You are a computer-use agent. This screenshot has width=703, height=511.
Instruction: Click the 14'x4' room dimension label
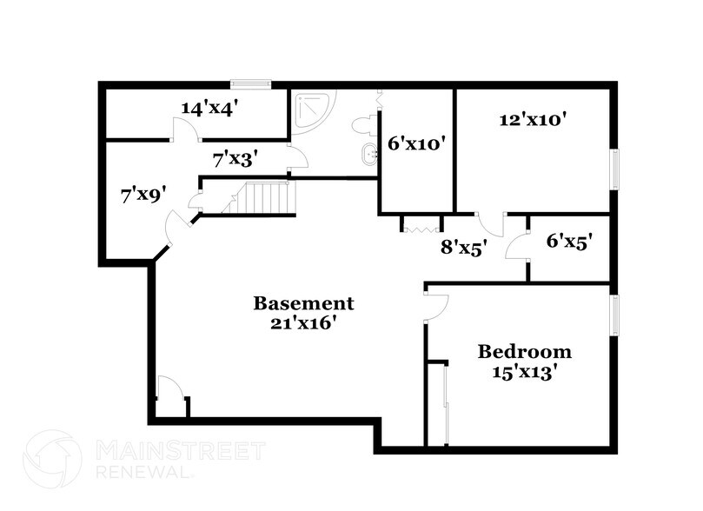point(209,108)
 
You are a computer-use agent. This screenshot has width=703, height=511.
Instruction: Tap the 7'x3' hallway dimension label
point(235,159)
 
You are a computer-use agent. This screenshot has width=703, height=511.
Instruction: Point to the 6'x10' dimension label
point(416,143)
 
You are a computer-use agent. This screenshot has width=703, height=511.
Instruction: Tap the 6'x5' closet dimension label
point(569,242)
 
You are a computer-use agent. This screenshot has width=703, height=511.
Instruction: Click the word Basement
point(303,303)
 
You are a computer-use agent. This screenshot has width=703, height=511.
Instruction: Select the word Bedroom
point(525,351)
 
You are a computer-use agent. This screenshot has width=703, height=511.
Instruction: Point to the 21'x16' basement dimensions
point(303,322)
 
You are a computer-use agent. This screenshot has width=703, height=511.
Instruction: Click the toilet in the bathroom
point(365,124)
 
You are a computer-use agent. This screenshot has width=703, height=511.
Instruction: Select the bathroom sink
point(369,154)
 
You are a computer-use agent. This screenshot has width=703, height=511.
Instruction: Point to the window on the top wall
point(251,83)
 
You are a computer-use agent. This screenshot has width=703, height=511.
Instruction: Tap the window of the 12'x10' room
point(615,169)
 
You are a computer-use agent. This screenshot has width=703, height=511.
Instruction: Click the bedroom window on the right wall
point(615,315)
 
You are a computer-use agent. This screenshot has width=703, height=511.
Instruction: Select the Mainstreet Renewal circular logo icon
point(52,458)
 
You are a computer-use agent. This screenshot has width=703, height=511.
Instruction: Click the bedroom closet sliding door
point(446,405)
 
